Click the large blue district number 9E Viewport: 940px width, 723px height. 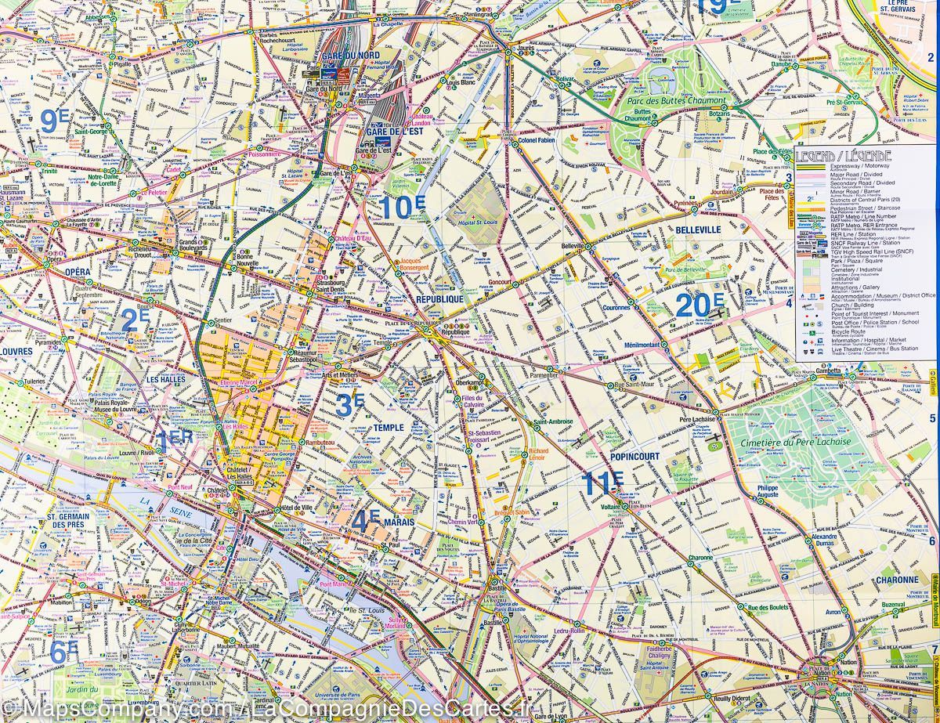point(54,121)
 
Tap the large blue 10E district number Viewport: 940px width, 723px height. point(403,207)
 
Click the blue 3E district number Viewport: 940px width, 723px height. point(349,404)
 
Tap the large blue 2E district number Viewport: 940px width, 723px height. point(135,320)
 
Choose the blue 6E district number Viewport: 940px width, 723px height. point(63,651)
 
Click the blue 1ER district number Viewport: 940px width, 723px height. point(174,441)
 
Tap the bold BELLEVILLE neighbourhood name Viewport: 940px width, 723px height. point(697,230)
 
